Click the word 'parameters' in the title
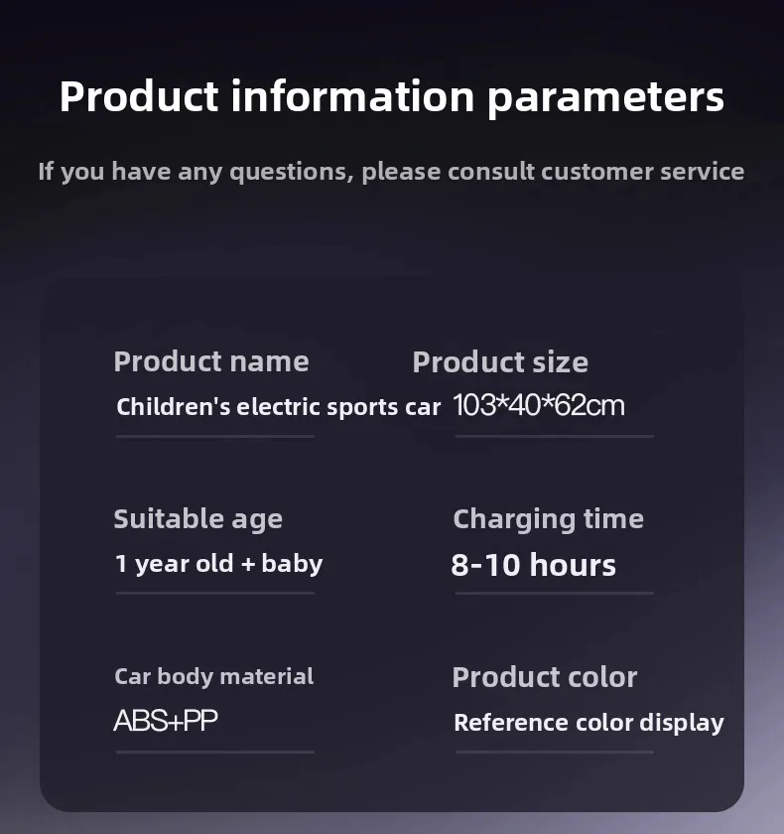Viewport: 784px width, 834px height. coord(605,98)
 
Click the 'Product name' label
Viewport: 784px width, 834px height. coord(211,361)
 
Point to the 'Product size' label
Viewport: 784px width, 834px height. coord(500,362)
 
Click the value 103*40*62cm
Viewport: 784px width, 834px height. coord(539,405)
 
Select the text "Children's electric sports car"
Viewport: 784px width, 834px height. coord(279,407)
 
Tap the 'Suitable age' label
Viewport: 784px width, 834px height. coord(197,519)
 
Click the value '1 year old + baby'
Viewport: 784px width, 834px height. coord(219,564)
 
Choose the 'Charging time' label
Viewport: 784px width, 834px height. coord(548,519)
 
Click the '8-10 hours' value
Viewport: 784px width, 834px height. coord(533,565)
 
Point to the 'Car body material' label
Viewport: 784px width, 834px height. coord(213,676)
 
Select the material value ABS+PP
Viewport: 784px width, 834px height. coord(166,721)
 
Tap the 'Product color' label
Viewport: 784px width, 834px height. coord(544,677)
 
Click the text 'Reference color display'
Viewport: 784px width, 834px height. coord(588,723)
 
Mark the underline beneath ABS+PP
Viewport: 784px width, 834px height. coord(215,753)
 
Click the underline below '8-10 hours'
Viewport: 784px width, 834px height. coord(555,593)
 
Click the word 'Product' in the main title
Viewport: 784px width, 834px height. coord(139,96)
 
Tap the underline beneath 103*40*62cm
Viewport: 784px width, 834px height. coord(555,436)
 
